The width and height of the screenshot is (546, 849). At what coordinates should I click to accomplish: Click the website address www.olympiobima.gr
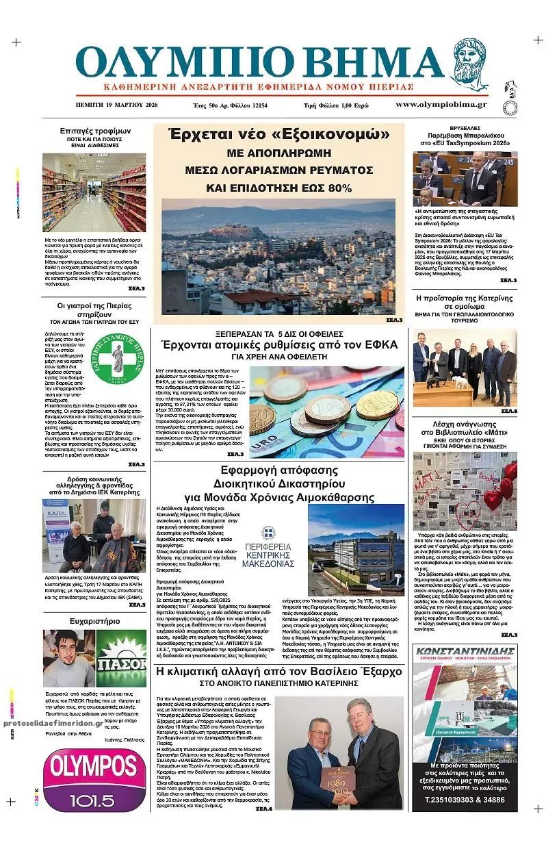pos(441,105)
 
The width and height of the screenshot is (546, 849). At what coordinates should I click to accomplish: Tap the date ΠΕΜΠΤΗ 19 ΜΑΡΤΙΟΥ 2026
pos(117,105)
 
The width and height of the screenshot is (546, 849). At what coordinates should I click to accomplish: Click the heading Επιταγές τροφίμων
pos(95,131)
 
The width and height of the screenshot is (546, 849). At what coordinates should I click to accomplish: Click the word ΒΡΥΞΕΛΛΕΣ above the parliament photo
pos(465,128)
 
